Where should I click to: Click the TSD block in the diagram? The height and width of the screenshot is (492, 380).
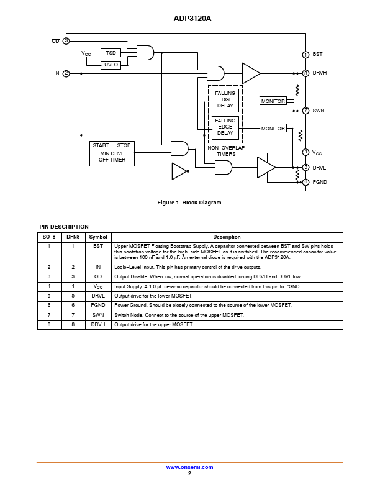point(111,53)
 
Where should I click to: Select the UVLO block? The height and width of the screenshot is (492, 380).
point(111,65)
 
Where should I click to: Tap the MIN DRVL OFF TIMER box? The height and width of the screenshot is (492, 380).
point(112,153)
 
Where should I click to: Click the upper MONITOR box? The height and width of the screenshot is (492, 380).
point(273,101)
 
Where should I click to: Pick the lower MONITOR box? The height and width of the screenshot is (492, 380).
point(273,128)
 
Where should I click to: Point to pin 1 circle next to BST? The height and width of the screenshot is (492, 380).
point(305,55)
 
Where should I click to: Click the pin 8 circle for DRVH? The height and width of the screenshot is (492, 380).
point(305,73)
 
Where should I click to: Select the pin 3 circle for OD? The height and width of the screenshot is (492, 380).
point(66,41)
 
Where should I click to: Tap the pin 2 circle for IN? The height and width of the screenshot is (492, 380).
point(66,73)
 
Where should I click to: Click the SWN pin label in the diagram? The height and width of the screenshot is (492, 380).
point(319,111)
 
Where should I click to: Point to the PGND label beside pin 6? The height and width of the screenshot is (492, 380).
point(320,182)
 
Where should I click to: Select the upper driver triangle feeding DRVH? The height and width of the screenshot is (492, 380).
point(251,73)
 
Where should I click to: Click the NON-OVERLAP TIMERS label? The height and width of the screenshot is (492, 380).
point(226,151)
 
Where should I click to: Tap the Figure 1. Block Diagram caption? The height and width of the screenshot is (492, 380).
point(189,203)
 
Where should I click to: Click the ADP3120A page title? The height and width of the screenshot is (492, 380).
point(192,19)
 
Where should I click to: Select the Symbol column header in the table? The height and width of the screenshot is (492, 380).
point(98,237)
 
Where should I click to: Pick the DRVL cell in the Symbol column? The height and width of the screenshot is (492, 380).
point(98,296)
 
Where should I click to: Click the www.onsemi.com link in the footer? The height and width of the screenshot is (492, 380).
point(189,467)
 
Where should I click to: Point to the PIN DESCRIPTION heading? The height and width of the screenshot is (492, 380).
point(64,227)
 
